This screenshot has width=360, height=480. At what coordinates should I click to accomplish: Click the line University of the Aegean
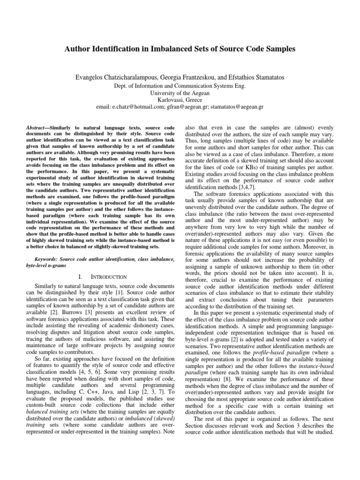pos(180,93)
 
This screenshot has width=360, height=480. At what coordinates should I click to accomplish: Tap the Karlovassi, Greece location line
pos(180,99)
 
